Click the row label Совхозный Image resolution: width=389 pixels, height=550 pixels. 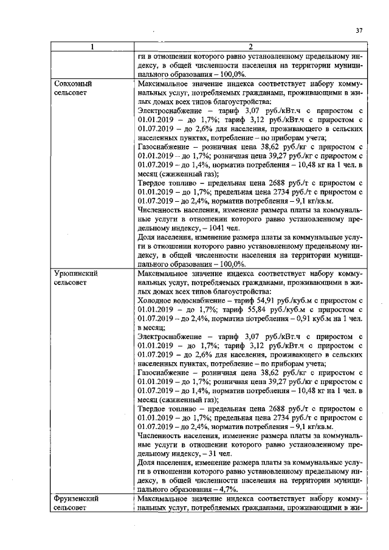click(x=73, y=83)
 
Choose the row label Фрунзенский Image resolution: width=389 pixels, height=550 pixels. click(x=76, y=499)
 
